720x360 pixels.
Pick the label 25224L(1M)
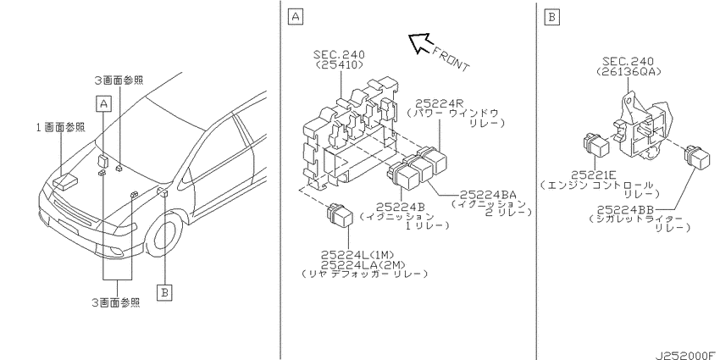(357, 254)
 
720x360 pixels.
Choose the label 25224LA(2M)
(363, 264)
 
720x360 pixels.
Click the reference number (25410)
(340, 64)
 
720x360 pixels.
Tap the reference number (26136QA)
(628, 71)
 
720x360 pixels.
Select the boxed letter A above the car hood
(104, 104)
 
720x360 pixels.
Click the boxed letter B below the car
(164, 292)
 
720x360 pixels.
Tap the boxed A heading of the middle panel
(296, 17)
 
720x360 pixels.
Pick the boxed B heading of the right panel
(551, 17)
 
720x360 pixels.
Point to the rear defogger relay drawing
(339, 214)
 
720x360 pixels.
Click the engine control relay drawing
(596, 144)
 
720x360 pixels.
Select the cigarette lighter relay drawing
(697, 156)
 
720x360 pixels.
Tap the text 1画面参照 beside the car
(61, 128)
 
